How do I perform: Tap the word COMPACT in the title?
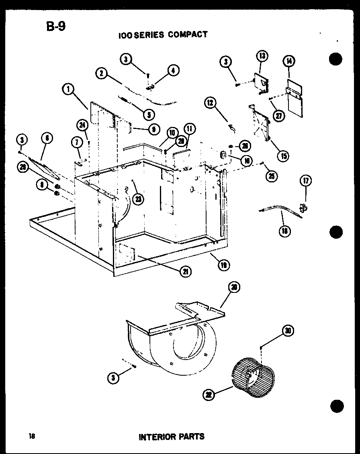[x=188, y=35]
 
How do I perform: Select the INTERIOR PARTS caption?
[x=172, y=436]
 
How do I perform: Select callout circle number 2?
[x=102, y=73]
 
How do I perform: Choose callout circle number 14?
[x=289, y=61]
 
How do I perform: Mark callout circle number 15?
[x=284, y=155]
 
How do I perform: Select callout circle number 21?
[x=186, y=271]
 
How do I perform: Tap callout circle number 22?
[x=209, y=395]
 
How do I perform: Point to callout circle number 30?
[x=288, y=331]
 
